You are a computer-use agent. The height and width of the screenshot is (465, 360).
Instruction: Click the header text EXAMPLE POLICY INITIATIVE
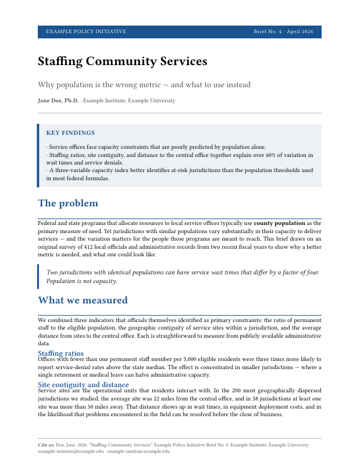[85, 31]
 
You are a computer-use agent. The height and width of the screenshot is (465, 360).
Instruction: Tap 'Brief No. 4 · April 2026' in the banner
[283, 31]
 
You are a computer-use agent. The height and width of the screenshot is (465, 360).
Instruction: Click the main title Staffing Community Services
[122, 62]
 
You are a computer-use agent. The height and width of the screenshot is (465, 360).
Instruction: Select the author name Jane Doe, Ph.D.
[58, 101]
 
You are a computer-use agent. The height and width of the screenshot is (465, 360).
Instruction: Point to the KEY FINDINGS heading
[70, 133]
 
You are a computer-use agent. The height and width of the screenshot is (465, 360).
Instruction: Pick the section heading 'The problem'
[68, 203]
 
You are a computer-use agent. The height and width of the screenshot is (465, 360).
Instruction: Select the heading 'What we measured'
[83, 301]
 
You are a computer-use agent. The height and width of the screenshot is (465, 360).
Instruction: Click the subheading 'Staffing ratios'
[60, 353]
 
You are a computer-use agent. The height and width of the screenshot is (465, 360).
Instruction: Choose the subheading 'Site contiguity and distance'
[83, 385]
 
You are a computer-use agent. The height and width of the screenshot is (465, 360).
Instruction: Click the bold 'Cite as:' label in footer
[46, 445]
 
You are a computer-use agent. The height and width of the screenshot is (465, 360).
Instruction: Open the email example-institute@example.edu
[70, 451]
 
